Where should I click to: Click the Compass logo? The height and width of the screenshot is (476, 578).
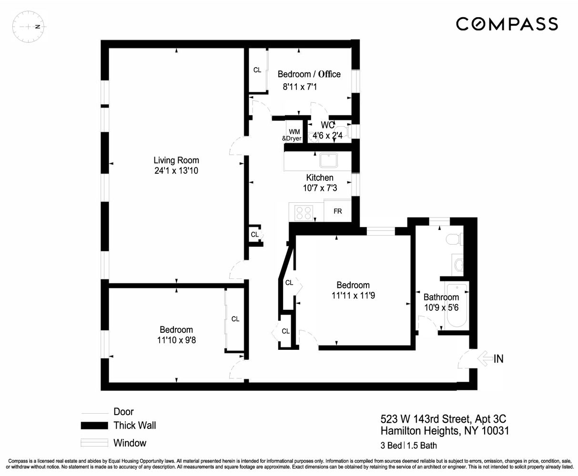pyautogui.click(x=507, y=24)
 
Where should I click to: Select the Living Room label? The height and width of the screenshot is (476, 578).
pyautogui.click(x=176, y=160)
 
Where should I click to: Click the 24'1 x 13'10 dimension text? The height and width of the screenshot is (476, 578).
pyautogui.click(x=176, y=171)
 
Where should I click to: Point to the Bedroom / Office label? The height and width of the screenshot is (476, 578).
pyautogui.click(x=309, y=74)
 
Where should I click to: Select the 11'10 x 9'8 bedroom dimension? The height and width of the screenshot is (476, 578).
pyautogui.click(x=176, y=340)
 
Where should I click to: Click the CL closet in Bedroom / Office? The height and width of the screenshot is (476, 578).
pyautogui.click(x=257, y=70)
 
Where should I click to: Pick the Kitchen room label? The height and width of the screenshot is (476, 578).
pyautogui.click(x=319, y=178)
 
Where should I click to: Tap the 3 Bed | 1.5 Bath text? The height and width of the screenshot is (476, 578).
pyautogui.click(x=408, y=446)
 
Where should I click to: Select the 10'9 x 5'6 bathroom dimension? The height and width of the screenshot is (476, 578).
pyautogui.click(x=441, y=307)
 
